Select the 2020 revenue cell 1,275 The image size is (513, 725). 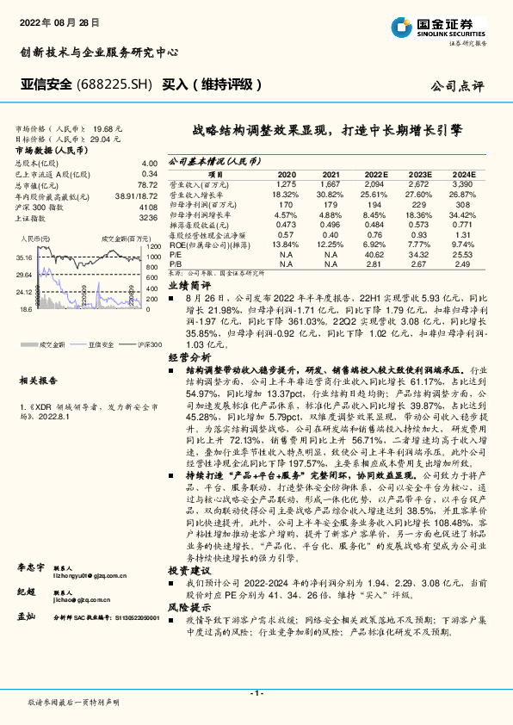tap(287, 183)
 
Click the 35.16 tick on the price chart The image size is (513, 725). tap(24, 257)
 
